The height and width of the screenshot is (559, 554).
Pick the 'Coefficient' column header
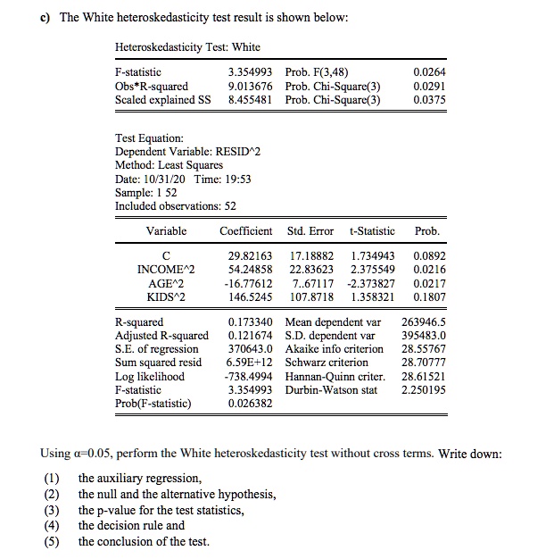(x=245, y=231)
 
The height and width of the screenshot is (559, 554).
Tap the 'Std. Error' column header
(x=310, y=231)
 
